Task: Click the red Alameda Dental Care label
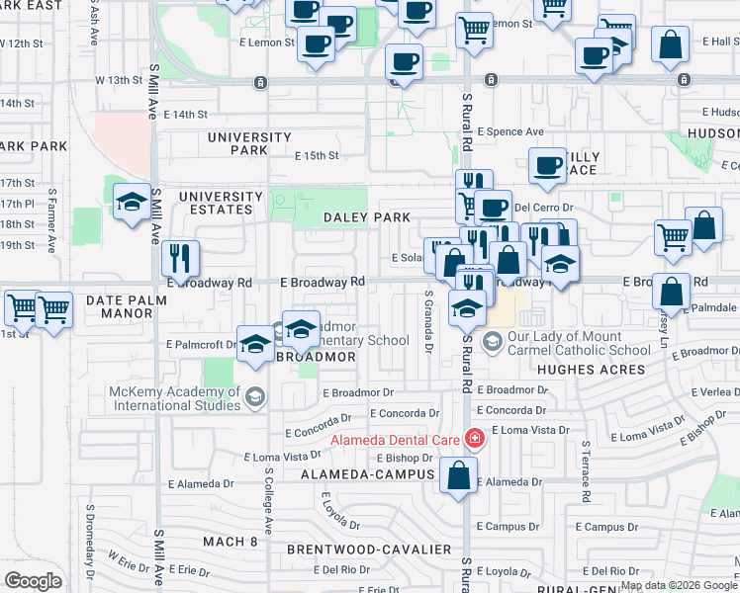tap(395, 439)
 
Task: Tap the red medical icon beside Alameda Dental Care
tap(475, 438)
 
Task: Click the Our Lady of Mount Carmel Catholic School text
tap(580, 343)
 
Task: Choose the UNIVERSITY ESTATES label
tap(222, 203)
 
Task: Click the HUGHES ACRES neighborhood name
tap(590, 370)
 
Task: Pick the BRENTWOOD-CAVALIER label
tap(369, 549)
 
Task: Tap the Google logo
tap(33, 581)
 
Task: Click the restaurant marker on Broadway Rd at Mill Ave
tap(180, 258)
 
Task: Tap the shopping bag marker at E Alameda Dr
tap(460, 475)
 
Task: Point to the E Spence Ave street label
tap(510, 131)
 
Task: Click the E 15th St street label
tap(317, 156)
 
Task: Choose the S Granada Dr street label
tap(428, 322)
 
